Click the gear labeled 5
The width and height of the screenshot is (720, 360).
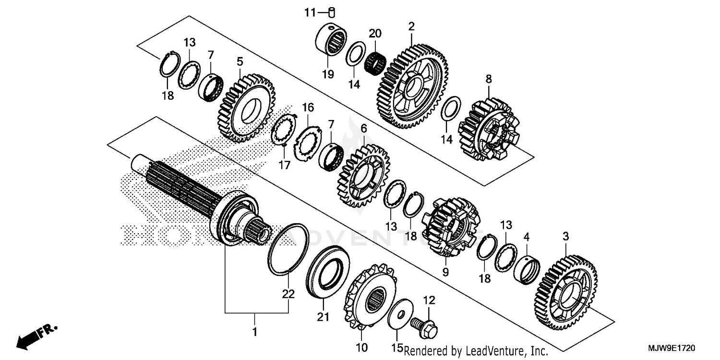tap(243, 108)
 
